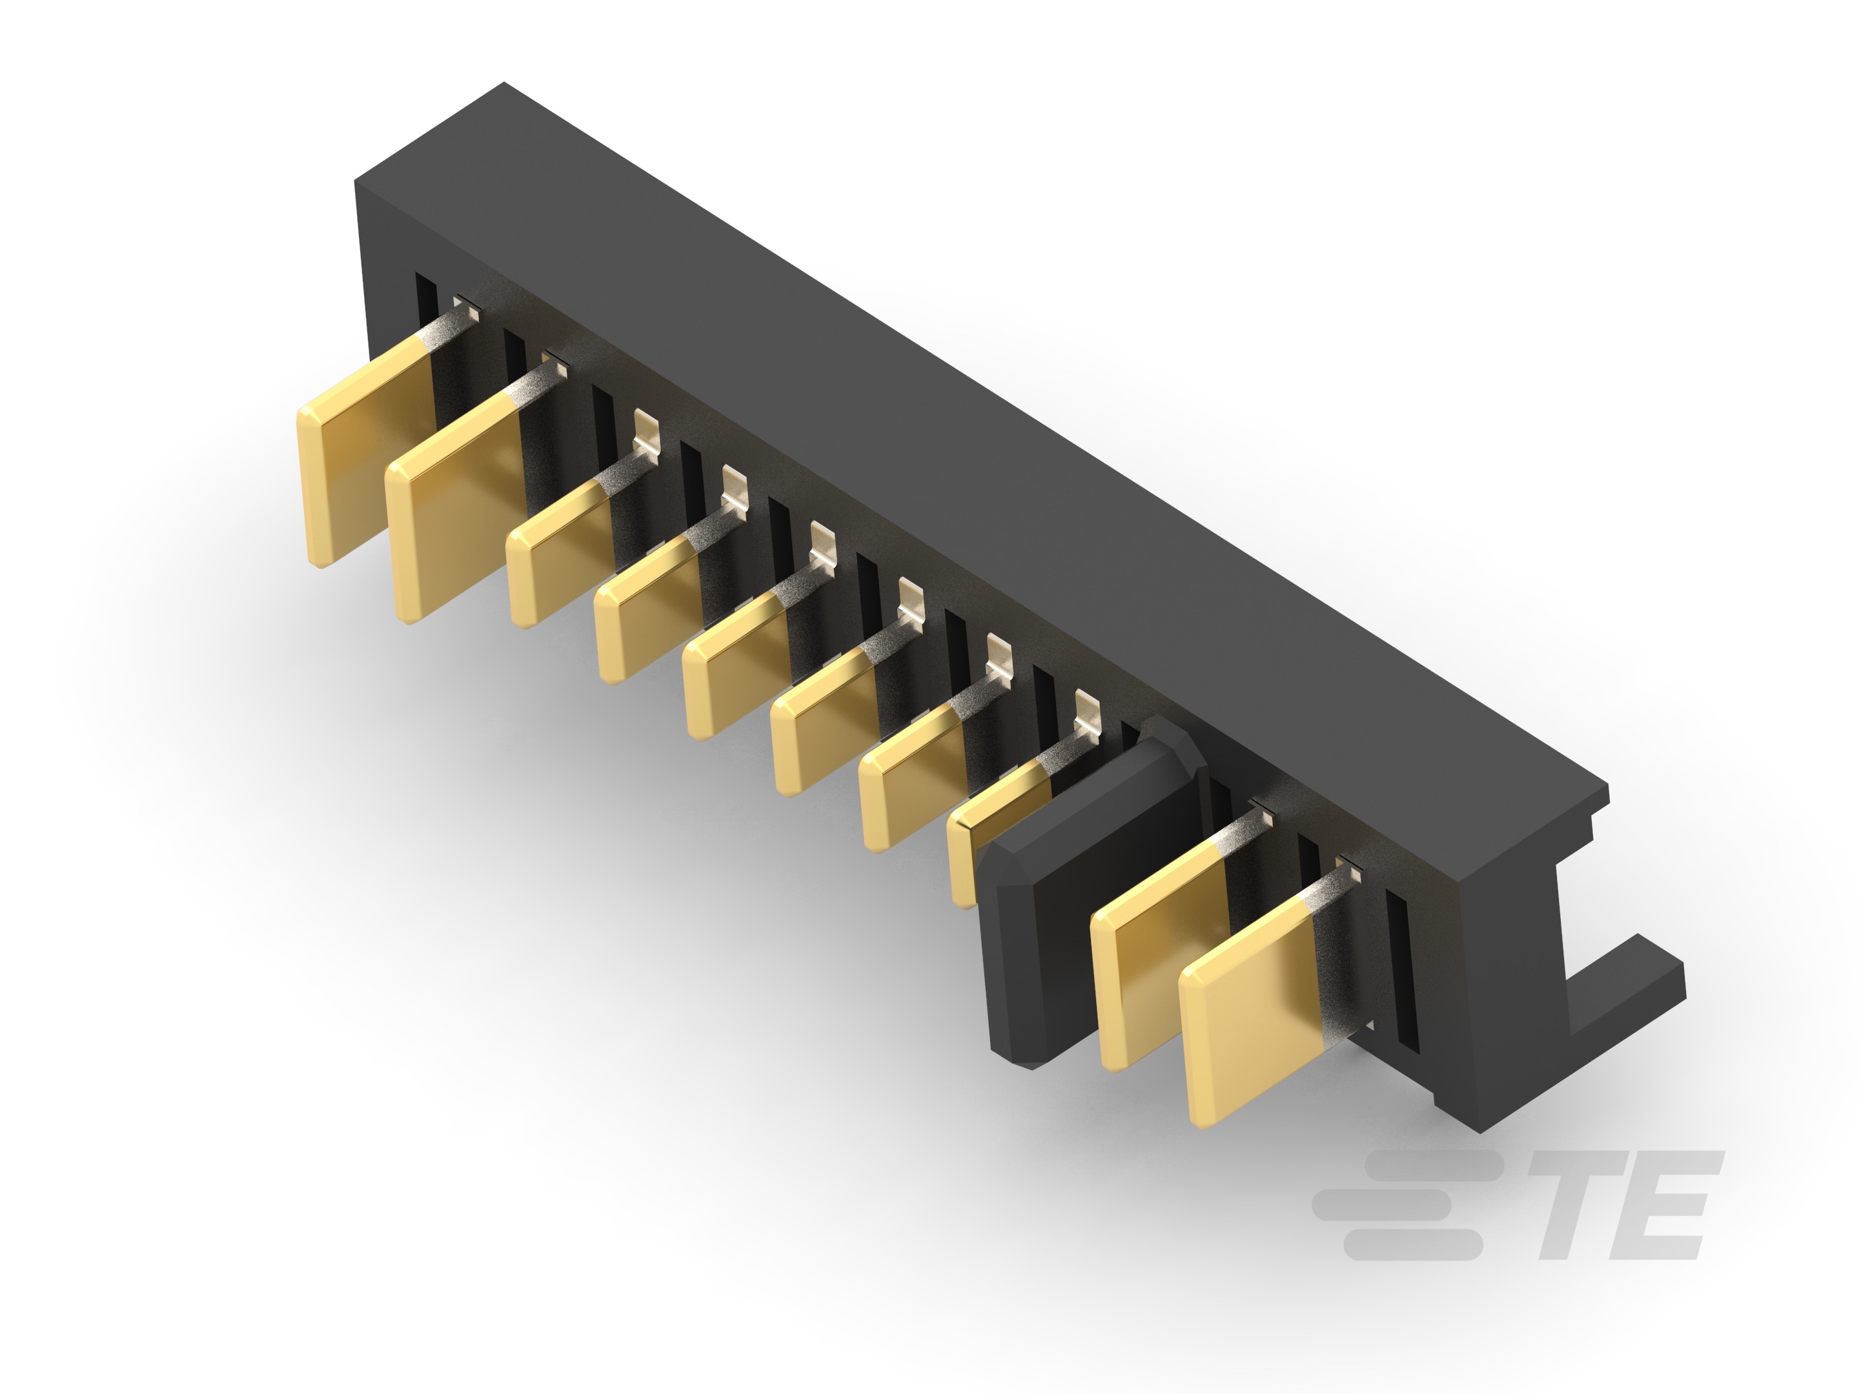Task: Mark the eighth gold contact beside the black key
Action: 991,832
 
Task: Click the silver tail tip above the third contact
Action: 645,428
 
